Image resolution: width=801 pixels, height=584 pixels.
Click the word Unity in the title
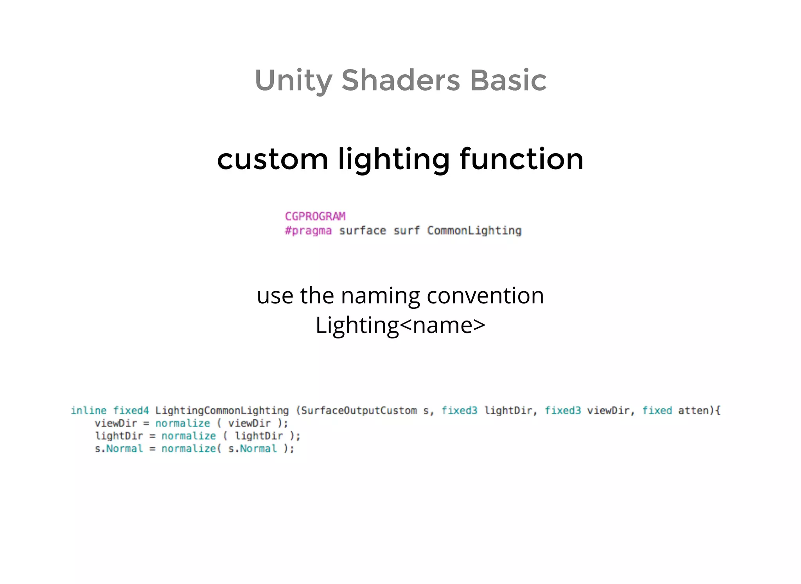[293, 81]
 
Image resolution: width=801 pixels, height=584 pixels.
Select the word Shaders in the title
[400, 81]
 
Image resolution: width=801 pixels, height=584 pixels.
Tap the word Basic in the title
[508, 81]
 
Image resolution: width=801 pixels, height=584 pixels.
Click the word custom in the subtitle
[272, 159]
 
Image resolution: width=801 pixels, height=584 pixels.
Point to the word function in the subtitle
[521, 159]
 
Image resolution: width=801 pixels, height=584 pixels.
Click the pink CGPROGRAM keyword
[315, 216]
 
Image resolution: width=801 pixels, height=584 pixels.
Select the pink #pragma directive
[308, 231]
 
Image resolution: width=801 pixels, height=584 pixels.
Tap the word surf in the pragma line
[406, 231]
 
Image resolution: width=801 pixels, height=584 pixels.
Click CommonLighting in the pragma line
[474, 231]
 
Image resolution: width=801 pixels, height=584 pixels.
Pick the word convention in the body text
[485, 296]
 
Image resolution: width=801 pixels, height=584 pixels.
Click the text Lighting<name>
[400, 325]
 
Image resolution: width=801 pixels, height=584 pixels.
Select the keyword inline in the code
[88, 410]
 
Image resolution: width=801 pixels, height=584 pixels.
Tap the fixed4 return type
[131, 410]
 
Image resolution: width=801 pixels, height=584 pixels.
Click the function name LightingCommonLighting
[222, 410]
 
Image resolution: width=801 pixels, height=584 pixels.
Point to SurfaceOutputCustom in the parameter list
[359, 410]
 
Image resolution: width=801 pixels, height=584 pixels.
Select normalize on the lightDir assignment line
[189, 436]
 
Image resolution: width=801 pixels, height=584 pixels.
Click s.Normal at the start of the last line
[119, 449]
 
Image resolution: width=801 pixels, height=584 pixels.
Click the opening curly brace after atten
[718, 410]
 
